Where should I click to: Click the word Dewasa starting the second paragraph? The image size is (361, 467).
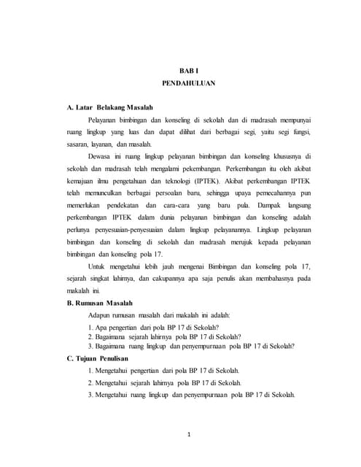101,156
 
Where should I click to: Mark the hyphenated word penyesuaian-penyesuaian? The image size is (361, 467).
128,233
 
